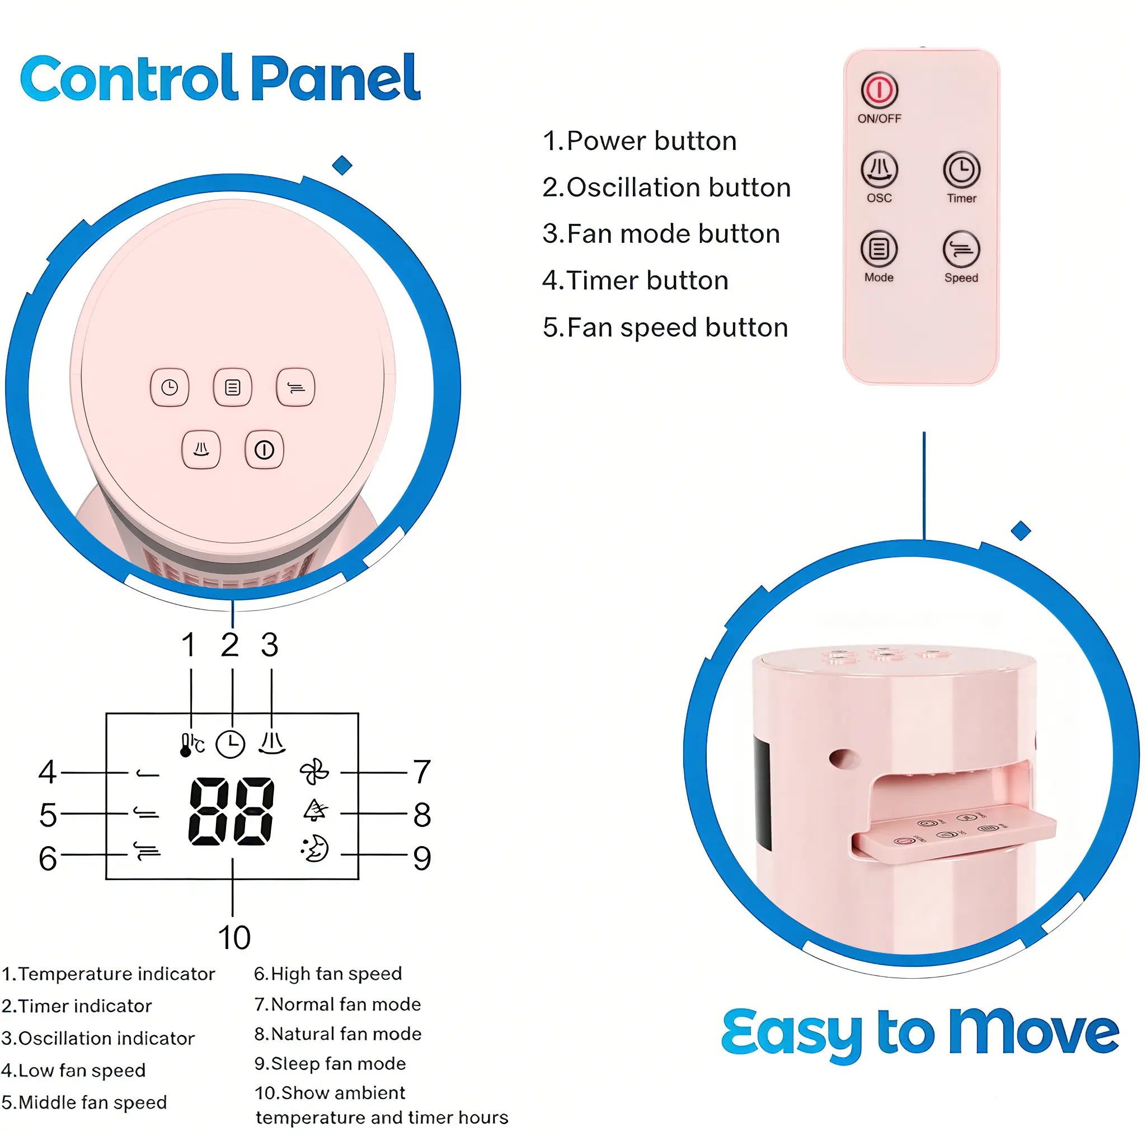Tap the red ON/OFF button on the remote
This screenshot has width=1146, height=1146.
(879, 90)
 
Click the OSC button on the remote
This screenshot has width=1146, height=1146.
(879, 170)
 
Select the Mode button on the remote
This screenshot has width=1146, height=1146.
(879, 249)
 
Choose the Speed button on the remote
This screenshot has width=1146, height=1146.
(961, 249)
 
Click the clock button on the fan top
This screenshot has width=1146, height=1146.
(170, 387)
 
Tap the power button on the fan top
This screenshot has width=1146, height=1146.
(264, 450)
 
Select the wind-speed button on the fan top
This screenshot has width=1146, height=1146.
(295, 387)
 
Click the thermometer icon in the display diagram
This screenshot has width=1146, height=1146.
(191, 744)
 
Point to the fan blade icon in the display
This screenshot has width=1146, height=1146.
(314, 772)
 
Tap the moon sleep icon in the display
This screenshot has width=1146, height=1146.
(314, 849)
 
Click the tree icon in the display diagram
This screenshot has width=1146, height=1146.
(315, 810)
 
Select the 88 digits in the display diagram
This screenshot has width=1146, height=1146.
(231, 811)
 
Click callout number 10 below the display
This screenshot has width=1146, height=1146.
(234, 938)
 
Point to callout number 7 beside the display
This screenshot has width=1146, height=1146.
(422, 772)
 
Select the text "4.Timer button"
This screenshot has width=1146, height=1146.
(635, 280)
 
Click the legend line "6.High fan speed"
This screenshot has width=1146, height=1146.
(328, 974)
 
